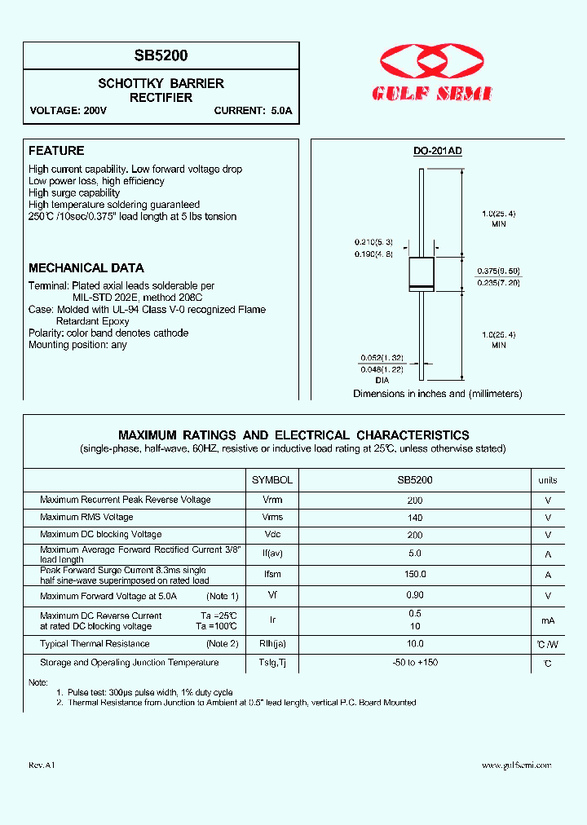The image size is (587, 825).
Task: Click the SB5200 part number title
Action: (x=161, y=56)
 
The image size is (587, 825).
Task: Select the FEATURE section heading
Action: (x=56, y=151)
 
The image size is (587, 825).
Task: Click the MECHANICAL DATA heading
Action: (x=86, y=268)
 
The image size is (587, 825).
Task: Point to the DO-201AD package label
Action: (x=437, y=151)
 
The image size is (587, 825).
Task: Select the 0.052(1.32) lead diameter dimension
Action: (x=382, y=358)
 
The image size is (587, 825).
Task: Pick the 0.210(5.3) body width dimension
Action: (x=374, y=242)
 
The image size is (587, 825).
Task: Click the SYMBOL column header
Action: (x=271, y=480)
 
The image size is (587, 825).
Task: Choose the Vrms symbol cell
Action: (x=272, y=518)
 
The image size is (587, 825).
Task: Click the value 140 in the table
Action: (x=415, y=518)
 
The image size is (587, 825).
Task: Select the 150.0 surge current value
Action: (x=415, y=575)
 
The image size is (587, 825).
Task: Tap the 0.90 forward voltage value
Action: (x=415, y=596)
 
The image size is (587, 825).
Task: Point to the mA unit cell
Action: (x=548, y=621)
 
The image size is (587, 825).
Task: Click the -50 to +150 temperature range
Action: (x=415, y=663)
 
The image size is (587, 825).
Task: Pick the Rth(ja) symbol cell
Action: (x=272, y=644)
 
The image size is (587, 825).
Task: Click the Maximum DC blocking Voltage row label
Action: (x=100, y=535)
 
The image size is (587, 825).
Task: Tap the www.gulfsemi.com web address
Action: (x=516, y=765)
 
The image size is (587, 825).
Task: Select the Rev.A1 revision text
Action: (x=42, y=765)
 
